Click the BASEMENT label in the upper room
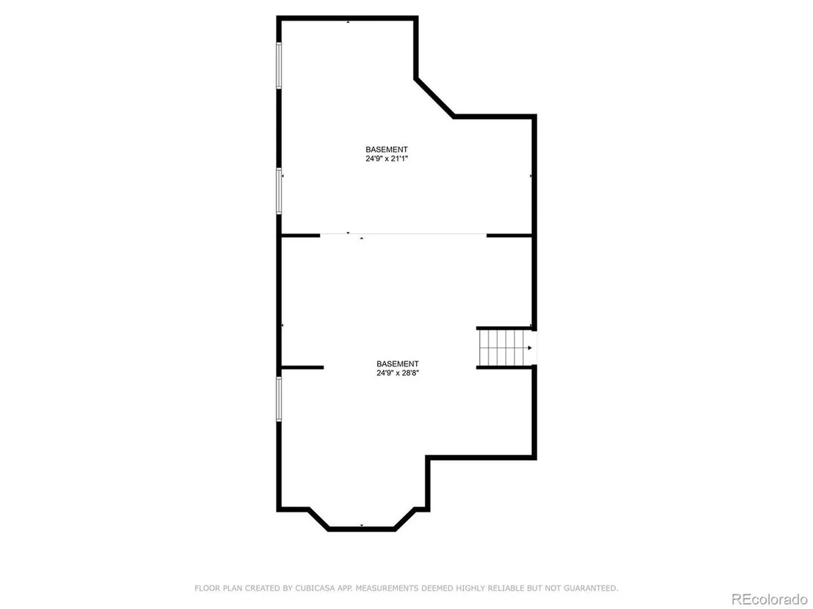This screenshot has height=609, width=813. coord(387,150)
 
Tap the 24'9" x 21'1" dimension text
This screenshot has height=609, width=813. coord(387,159)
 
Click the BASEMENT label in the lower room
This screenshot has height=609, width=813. coord(398,364)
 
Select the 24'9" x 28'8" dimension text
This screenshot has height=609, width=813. coord(398,373)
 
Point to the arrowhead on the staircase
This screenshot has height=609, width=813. coord(529,347)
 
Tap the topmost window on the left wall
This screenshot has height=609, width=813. coord(279,66)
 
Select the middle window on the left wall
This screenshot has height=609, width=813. coord(279,191)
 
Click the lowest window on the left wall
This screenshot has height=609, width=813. coord(279,399)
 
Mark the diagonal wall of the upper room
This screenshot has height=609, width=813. coord(434,98)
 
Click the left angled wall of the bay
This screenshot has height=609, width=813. coord(318,520)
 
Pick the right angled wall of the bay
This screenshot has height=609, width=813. coord(405,520)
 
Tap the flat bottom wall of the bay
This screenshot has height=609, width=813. coord(362,528)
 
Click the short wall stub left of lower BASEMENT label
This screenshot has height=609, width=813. coord(302,368)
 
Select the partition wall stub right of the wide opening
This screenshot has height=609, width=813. coord(509,236)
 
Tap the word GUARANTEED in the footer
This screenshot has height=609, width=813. coord(591,588)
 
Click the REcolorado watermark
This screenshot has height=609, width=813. coord(770,599)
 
